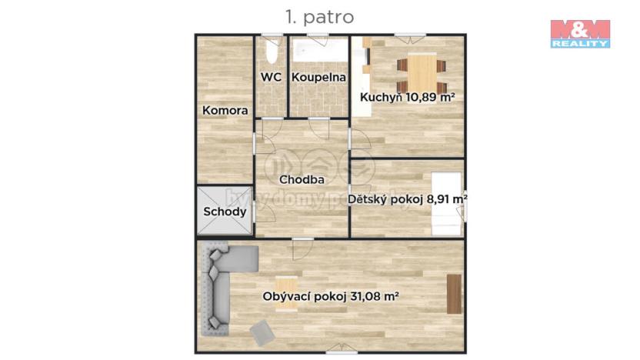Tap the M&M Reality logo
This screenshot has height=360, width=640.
(580, 33)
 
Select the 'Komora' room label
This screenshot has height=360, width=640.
(225, 111)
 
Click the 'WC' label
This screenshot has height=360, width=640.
(270, 77)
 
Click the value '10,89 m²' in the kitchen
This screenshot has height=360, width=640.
(428, 97)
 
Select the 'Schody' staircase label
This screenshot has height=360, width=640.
(225, 212)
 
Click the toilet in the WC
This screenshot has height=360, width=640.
(270, 52)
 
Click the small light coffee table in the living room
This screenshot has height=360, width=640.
(286, 293)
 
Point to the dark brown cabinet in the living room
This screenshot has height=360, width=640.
(453, 294)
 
